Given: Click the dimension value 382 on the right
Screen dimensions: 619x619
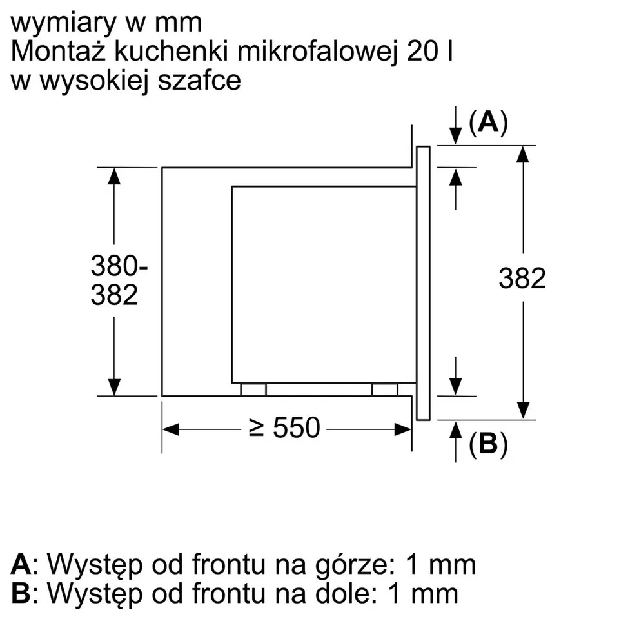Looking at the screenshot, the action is pyautogui.click(x=522, y=279).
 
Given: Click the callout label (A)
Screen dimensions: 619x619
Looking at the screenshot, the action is pyautogui.click(x=488, y=123).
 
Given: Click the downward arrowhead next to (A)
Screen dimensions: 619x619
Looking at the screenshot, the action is pyautogui.click(x=456, y=136).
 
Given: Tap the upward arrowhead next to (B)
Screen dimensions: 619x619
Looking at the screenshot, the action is pyautogui.click(x=456, y=430).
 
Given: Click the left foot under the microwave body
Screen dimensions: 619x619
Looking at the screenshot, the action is pyautogui.click(x=253, y=389).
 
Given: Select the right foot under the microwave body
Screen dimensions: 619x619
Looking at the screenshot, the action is pyautogui.click(x=384, y=389).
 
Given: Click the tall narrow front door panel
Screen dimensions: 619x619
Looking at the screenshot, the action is pyautogui.click(x=423, y=283).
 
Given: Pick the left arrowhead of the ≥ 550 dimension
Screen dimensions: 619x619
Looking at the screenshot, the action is pyautogui.click(x=170, y=429).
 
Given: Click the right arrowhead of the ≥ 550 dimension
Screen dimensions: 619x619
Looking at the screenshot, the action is pyautogui.click(x=403, y=429).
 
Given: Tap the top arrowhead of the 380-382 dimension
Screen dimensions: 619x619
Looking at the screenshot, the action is pyautogui.click(x=114, y=176).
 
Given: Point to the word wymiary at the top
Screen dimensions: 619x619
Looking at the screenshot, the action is pyautogui.click(x=64, y=24).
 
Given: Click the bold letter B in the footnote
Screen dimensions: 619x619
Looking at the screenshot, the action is pyautogui.click(x=21, y=593).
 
